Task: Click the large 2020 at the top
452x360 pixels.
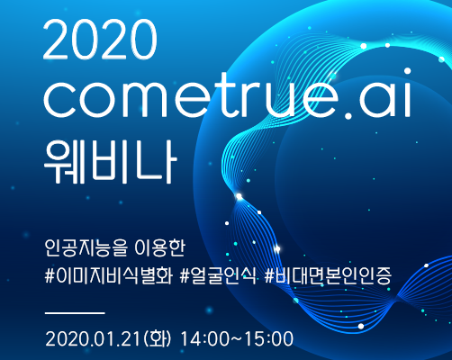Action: [100, 40]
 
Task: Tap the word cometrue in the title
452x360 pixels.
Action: [191, 95]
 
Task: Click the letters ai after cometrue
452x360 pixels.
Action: [385, 93]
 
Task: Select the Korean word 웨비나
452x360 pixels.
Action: [111, 162]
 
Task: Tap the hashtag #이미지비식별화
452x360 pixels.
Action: [109, 275]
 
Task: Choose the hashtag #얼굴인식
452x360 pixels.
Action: [219, 275]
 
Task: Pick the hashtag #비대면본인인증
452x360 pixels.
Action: [328, 275]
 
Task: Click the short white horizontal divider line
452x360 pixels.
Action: [75, 313]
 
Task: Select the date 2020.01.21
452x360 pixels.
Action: [93, 339]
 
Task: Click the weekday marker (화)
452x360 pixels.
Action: [158, 339]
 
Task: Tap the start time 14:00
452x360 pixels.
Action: [204, 339]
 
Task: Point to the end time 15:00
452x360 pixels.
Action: [269, 339]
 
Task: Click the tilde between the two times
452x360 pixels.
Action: [237, 339]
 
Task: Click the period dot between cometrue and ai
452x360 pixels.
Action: [348, 114]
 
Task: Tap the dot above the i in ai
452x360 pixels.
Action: [407, 71]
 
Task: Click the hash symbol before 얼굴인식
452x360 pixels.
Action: [185, 276]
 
